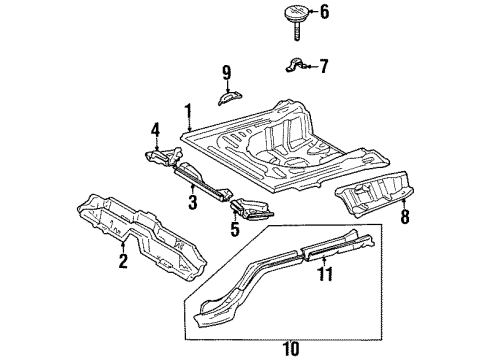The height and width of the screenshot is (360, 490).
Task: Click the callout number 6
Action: click(x=323, y=12)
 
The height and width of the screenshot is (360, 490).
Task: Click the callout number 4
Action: click(x=155, y=130)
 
